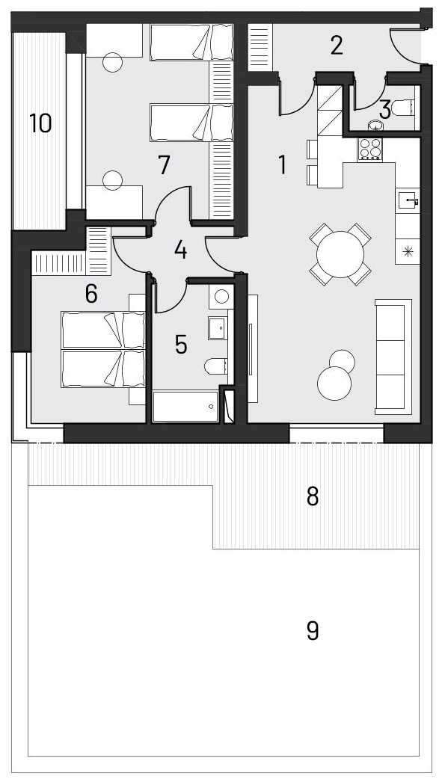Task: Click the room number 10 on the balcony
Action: (40, 123)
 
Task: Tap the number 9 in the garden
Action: (313, 630)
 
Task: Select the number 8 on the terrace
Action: (313, 496)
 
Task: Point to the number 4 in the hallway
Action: (180, 250)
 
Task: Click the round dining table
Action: (340, 254)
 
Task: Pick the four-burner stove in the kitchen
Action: (370, 149)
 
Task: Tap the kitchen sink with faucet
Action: (408, 201)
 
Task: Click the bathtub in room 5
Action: (185, 407)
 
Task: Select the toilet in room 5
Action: (216, 366)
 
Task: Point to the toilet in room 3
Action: (403, 107)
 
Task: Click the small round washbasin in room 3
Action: (375, 126)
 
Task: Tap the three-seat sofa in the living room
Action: (393, 357)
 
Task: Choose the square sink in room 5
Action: (218, 327)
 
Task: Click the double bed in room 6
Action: (103, 350)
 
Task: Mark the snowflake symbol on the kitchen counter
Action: (408, 251)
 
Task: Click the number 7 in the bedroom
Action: (164, 165)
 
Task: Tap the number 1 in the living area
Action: (283, 164)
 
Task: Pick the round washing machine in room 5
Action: (221, 297)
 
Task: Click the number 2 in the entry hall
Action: (337, 46)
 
